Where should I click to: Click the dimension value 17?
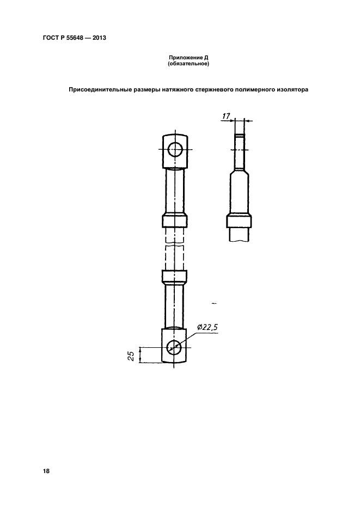tap(227, 115)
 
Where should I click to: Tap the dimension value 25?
tap(131, 355)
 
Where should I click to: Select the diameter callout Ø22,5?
tap(206, 327)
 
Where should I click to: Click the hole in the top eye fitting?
tap(175, 149)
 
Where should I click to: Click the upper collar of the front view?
tap(175, 221)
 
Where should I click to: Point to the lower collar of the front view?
tap(175, 277)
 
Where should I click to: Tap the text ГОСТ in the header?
tap(50, 38)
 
